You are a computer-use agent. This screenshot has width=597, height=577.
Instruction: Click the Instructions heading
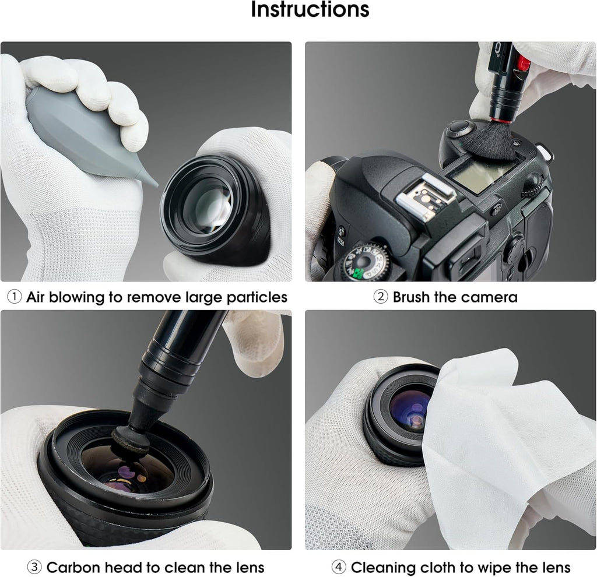[x=310, y=11]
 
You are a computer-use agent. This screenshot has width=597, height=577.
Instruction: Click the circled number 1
[x=14, y=297]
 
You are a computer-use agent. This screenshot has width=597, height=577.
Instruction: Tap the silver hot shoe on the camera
[x=424, y=195]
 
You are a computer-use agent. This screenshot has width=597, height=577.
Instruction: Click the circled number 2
[x=380, y=297]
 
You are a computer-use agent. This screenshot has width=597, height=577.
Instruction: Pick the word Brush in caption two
[x=412, y=297]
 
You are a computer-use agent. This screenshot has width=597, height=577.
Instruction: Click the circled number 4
[x=339, y=567]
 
